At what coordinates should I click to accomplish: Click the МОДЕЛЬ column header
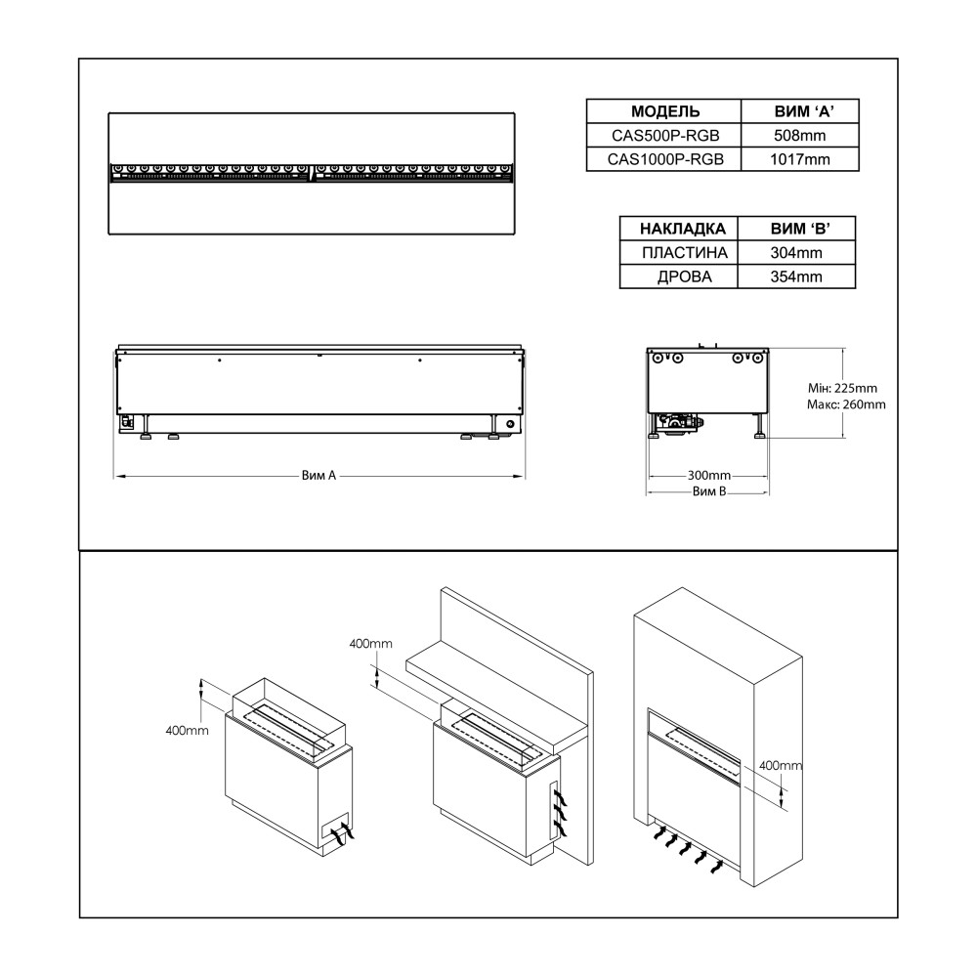click(x=664, y=111)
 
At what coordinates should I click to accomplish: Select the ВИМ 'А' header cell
click(x=801, y=111)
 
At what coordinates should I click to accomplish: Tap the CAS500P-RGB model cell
click(x=664, y=136)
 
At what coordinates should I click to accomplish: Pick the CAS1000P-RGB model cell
click(x=664, y=159)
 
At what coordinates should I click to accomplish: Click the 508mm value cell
click(x=801, y=136)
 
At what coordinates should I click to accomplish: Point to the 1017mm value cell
click(x=801, y=159)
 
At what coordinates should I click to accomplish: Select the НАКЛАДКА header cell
click(x=682, y=229)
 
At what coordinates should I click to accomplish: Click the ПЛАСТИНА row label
click(x=682, y=253)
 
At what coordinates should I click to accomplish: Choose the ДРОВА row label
click(x=682, y=276)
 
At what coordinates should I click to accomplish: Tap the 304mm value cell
click(x=795, y=253)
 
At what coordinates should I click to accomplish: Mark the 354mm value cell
click(x=795, y=276)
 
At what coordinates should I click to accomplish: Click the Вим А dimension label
click(x=319, y=476)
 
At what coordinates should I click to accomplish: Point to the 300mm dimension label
click(x=708, y=475)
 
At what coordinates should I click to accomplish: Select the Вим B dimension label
click(x=708, y=492)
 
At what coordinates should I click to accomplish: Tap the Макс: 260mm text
click(x=847, y=404)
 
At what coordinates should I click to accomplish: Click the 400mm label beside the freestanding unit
click(x=185, y=731)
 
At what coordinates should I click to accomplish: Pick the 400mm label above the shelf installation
click(x=370, y=643)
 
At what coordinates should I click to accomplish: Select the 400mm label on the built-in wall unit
click(x=780, y=765)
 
